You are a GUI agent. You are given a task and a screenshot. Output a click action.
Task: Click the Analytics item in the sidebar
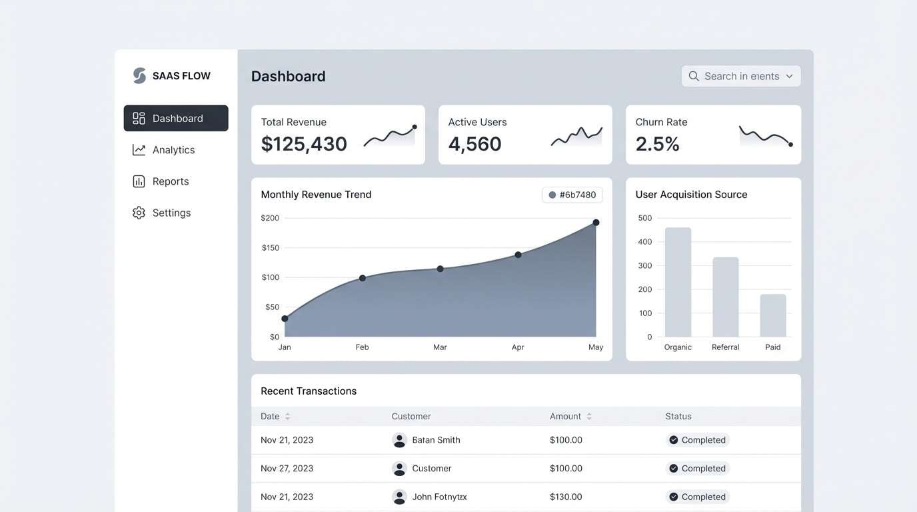173,150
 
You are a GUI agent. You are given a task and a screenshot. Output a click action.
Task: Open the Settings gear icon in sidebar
139,213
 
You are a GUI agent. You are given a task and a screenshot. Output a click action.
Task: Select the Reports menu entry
170,181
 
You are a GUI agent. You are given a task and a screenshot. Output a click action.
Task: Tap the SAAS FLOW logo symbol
139,76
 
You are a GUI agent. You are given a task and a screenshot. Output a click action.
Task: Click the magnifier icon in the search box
694,76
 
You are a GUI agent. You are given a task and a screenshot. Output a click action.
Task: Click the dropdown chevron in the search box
789,76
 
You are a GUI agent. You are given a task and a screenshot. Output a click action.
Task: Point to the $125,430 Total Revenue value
304,144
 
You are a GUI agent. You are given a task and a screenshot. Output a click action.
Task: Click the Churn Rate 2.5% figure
657,144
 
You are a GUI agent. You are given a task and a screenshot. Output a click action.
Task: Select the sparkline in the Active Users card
576,136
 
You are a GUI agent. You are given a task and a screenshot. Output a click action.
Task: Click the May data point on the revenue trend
596,223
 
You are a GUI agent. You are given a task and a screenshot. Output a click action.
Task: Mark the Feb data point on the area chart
363,278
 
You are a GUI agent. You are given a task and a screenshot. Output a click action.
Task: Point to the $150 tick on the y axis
270,247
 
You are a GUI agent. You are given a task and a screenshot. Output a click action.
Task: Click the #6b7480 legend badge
572,195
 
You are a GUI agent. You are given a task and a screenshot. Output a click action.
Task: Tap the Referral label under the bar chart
725,347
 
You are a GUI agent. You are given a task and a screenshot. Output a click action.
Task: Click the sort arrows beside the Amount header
589,417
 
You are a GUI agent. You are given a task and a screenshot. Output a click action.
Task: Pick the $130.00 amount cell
566,497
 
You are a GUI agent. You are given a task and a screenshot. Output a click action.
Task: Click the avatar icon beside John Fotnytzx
399,497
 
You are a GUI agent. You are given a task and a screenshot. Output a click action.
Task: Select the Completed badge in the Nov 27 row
697,469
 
